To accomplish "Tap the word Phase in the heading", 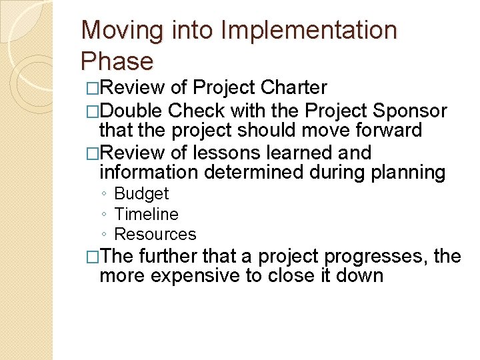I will pyautogui.click(x=117, y=61).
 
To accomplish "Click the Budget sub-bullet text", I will pyautogui.click(x=141, y=194).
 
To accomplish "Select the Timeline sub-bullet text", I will pyautogui.click(x=147, y=214).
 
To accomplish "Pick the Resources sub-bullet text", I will pyautogui.click(x=155, y=234).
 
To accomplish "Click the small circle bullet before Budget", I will pyautogui.click(x=104, y=195).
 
